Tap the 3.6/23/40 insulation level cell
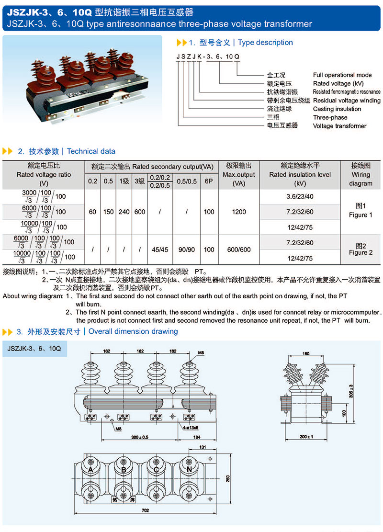(x=300, y=196)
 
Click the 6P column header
(x=208, y=181)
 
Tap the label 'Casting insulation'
(x=337, y=109)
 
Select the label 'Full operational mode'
(x=342, y=75)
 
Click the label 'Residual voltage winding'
(x=347, y=101)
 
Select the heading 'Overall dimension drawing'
(x=133, y=331)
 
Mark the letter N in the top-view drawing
(x=189, y=470)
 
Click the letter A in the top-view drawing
(x=90, y=470)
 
